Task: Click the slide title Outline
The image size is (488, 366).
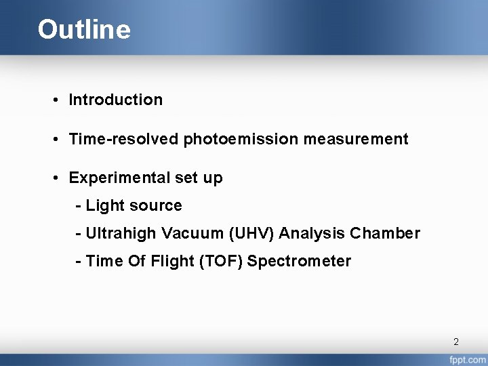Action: [84, 30]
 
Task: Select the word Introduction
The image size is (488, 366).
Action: [116, 100]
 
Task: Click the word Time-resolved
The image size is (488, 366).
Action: [122, 140]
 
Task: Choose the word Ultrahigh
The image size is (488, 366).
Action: [121, 234]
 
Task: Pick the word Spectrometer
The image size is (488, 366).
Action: [299, 262]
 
